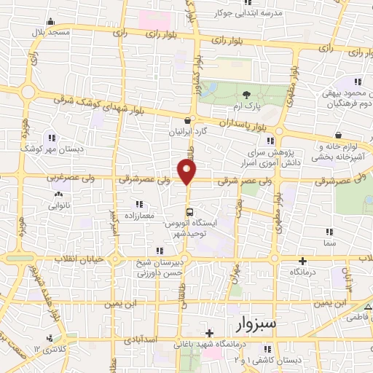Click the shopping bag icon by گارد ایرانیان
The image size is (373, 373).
189,121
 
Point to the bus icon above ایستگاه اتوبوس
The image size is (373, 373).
189,211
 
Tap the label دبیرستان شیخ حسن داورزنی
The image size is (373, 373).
162,267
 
